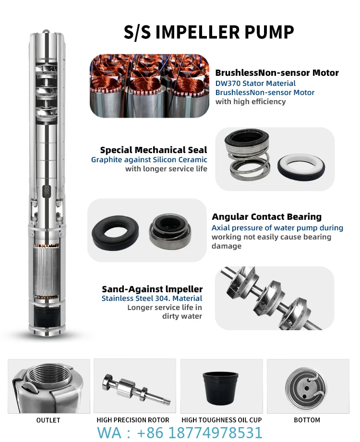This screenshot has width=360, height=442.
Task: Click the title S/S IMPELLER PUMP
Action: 209,32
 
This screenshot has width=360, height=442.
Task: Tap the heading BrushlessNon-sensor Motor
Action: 277,73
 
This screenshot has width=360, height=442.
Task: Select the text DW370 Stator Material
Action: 255,83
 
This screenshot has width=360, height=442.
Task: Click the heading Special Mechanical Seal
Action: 154,150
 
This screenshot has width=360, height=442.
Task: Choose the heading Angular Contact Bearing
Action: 266,217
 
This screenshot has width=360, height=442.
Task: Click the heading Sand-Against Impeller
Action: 152,289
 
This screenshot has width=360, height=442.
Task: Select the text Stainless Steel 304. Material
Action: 152,299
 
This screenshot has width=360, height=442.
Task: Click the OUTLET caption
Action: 48,420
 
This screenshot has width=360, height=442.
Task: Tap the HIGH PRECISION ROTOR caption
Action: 133,420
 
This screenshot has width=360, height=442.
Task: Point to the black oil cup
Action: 222,387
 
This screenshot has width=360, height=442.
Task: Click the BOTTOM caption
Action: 307,420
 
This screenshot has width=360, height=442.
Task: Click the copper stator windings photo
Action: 149,86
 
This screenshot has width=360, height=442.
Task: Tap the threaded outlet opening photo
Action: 49,386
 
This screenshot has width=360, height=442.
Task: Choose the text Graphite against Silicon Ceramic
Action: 149,160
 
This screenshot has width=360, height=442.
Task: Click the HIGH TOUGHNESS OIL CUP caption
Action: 222,420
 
